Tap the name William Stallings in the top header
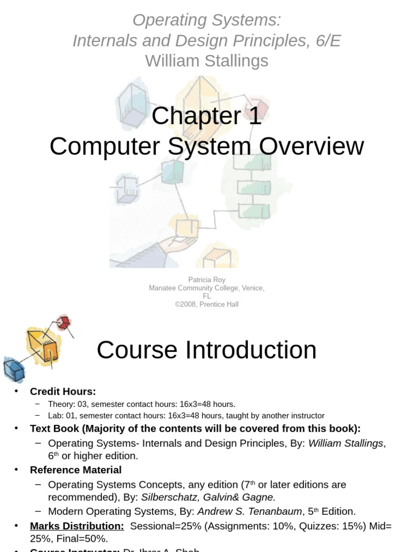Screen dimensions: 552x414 tap(206, 61)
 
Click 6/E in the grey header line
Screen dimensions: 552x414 tap(325, 40)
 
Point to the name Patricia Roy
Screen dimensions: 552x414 tap(206, 280)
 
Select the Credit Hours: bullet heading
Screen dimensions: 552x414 tap(63, 391)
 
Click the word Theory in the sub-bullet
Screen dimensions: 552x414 tap(60, 404)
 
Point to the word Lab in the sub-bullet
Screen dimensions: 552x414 tap(55, 416)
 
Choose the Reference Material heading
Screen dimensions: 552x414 tap(75, 470)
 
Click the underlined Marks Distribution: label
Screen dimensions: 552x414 tap(77, 526)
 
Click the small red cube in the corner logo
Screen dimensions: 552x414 tap(64, 323)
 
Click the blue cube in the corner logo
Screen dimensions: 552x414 tap(13, 370)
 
